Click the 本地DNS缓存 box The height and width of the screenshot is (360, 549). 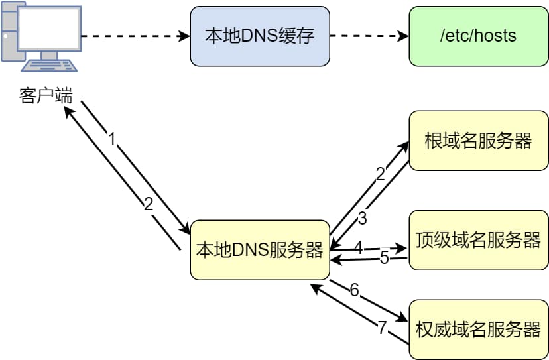259,36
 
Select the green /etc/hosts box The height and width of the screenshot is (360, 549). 478,36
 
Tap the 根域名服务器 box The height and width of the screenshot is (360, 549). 478,141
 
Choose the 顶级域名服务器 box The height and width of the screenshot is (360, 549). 478,240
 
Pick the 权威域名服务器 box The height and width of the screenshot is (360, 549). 478,330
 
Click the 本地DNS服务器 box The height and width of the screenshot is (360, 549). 259,250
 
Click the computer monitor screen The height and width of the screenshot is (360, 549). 48,30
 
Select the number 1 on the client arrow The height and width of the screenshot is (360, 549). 112,139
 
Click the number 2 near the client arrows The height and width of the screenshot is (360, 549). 149,204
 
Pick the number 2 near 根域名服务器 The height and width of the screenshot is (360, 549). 380,174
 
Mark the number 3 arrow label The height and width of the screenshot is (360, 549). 362,218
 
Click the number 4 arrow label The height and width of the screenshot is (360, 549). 358,248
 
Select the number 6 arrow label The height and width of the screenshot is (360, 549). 354,290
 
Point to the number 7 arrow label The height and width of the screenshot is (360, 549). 381,328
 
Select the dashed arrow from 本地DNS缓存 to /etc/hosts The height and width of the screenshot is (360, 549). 369,36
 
